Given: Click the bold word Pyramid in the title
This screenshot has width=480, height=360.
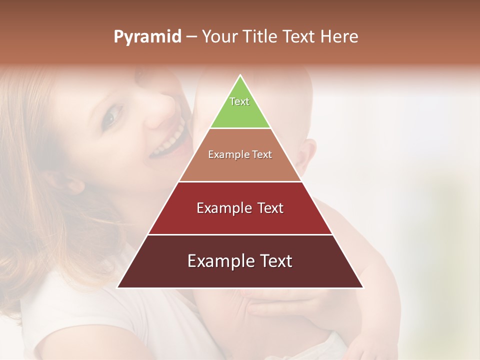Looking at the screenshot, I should [147, 37].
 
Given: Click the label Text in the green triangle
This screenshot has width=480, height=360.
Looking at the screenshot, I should [239, 101].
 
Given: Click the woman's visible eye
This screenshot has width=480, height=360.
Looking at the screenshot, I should [110, 116].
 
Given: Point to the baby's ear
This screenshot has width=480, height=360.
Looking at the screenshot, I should [305, 153].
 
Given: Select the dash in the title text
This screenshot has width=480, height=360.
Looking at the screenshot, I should [191, 37].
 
